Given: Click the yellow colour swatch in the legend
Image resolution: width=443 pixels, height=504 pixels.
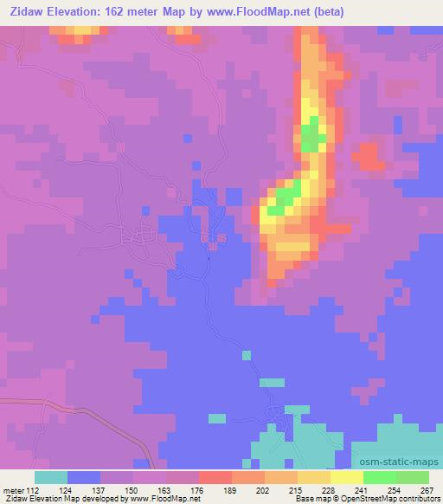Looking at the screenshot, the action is point(346,476).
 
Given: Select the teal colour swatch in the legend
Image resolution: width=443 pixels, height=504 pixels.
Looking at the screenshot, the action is point(51,476).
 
